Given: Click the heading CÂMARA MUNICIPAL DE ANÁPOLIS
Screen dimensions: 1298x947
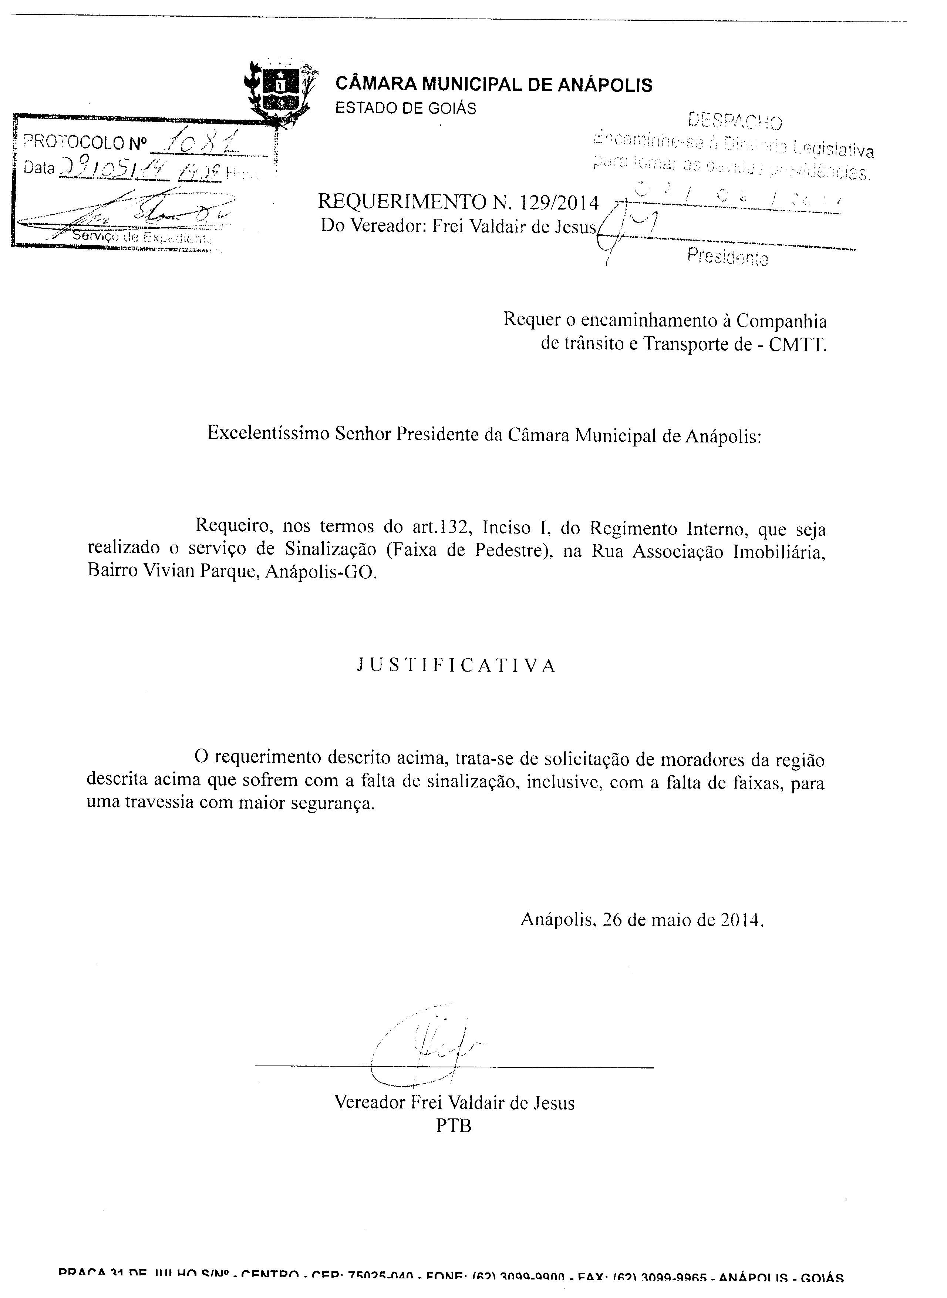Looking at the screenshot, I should click(x=493, y=85).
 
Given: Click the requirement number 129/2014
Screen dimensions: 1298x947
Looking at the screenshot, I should click(x=559, y=203).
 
